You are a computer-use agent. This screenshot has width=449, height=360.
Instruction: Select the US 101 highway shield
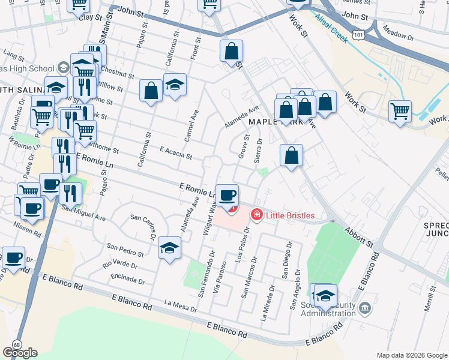[358, 35]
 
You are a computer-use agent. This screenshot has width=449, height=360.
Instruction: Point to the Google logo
[20, 353]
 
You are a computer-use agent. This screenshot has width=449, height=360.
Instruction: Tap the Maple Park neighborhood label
[267, 122]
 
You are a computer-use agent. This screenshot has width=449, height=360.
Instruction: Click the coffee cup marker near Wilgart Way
[227, 196]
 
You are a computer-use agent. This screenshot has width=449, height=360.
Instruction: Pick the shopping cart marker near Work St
[400, 112]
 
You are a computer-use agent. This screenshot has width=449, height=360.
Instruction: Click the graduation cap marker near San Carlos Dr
[170, 248]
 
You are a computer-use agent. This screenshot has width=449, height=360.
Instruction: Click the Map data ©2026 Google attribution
[412, 355]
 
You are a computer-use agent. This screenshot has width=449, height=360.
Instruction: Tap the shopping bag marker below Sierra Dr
[291, 156]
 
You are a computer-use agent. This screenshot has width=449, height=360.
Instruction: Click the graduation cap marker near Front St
[175, 86]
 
